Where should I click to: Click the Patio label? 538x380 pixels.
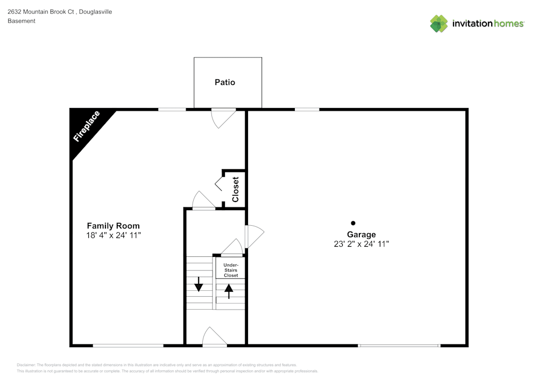point(225,82)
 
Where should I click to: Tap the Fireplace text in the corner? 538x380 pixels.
point(87,126)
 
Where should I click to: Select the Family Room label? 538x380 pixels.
point(113,226)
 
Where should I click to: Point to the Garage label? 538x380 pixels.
point(361,234)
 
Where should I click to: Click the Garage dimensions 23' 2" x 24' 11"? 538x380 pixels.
point(361,244)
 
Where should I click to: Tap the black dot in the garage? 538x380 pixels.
point(353,223)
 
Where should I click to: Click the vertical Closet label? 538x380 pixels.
point(235,189)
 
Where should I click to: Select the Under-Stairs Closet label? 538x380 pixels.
point(231,270)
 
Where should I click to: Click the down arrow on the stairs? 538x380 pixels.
point(199,283)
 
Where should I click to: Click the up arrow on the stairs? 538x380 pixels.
point(229,291)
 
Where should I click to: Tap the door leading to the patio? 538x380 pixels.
point(222,117)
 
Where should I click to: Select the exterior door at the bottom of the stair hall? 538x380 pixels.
point(214,338)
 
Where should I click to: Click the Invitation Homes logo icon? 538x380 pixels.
point(438,24)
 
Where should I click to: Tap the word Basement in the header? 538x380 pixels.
point(22,21)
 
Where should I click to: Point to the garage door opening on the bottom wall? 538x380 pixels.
point(399,345)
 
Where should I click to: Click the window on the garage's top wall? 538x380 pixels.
point(307,110)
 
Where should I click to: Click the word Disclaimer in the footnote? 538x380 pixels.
point(26,364)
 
